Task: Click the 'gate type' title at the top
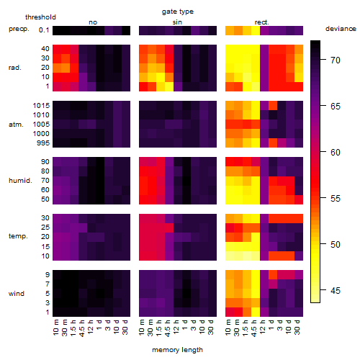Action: coord(178,12)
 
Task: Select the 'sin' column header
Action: coord(177,22)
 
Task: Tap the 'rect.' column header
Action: coord(262,22)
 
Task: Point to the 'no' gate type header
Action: coord(93,22)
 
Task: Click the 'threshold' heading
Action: coord(40,17)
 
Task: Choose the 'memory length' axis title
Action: coord(177,350)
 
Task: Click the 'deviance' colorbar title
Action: coord(341,29)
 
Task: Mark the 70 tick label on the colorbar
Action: coord(336,60)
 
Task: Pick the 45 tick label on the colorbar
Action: coord(336,291)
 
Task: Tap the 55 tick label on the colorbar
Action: coord(336,199)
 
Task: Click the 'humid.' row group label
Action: coord(20,181)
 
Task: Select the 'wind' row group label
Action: coord(17,294)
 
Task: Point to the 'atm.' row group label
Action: coord(16,125)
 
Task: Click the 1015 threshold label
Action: coord(41,106)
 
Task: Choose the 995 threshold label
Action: coord(43,143)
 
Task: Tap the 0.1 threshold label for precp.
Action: coord(44,30)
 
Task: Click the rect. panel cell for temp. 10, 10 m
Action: coord(230,256)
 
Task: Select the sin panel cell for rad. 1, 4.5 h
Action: coord(169,86)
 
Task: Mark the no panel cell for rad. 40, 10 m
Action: coord(57,49)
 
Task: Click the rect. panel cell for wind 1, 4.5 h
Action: coord(256,312)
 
